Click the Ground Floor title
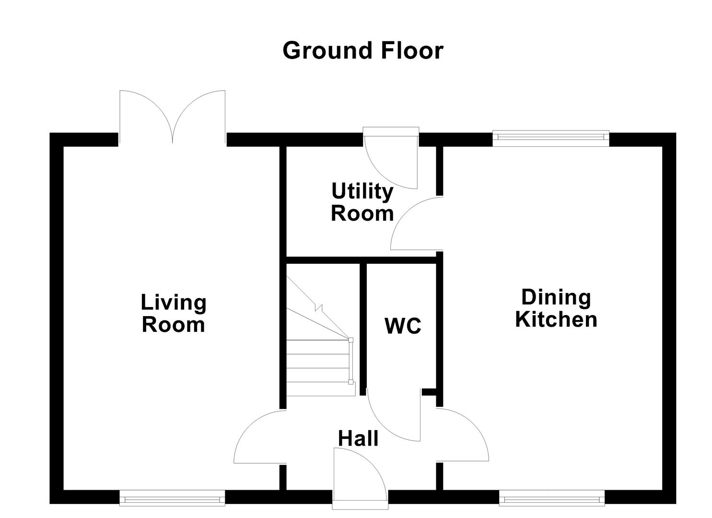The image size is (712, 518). pyautogui.click(x=362, y=50)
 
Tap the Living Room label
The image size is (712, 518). pyautogui.click(x=174, y=314)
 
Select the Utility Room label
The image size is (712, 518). pyautogui.click(x=362, y=202)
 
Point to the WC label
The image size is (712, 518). pyautogui.click(x=403, y=326)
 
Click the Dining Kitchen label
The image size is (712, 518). pyautogui.click(x=556, y=308)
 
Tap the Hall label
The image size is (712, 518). pyautogui.click(x=358, y=438)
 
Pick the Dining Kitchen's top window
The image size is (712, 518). pyautogui.click(x=550, y=138)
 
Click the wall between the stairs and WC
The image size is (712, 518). pyautogui.click(x=363, y=326)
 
